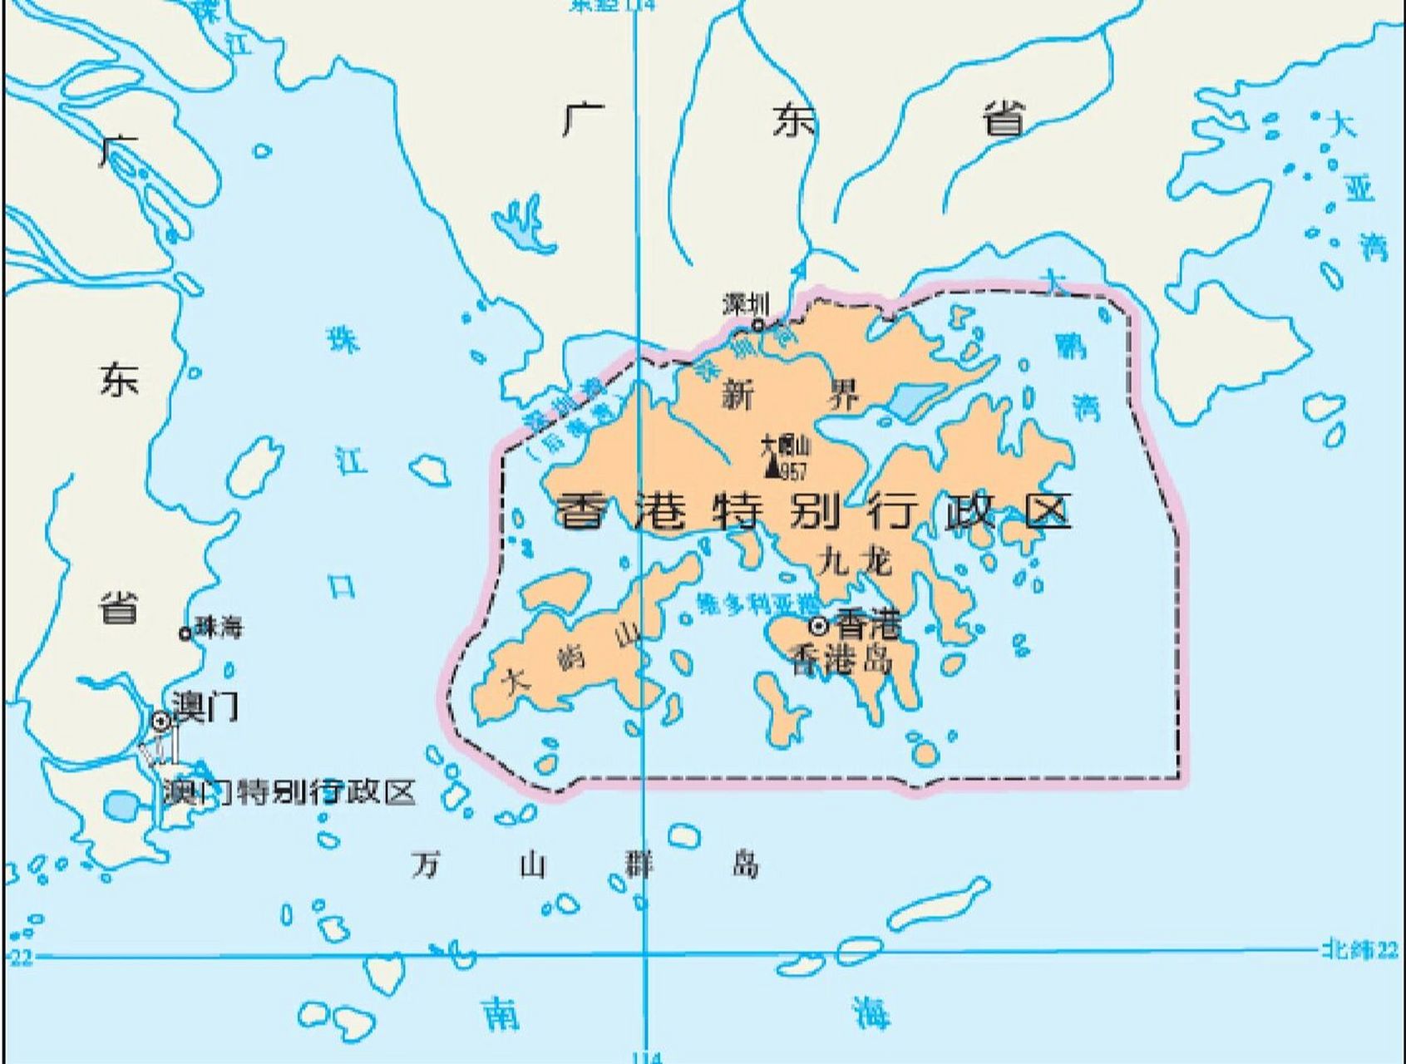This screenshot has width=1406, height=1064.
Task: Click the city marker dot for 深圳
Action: click(x=757, y=325)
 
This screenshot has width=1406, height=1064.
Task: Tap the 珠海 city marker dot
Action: click(x=185, y=633)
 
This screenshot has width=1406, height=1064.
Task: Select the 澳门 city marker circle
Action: click(x=161, y=721)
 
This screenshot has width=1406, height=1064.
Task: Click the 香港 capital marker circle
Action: click(x=820, y=624)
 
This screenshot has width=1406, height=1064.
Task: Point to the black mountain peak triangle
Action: click(x=772, y=469)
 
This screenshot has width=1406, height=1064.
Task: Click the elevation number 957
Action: click(x=793, y=472)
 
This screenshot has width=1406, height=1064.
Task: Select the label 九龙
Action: click(x=854, y=562)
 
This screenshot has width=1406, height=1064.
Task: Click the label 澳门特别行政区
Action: click(x=289, y=791)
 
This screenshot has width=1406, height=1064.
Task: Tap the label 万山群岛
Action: click(x=586, y=864)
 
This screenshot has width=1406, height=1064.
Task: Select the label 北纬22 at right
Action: click(x=1360, y=949)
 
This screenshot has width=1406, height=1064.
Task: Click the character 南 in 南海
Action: click(x=501, y=1014)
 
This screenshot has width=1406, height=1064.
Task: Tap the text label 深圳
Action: click(x=746, y=304)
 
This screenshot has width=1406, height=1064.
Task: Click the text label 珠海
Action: click(x=219, y=628)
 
